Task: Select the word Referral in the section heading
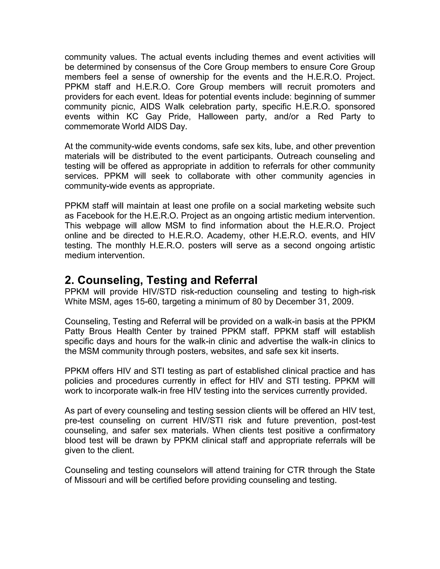coord(236,280)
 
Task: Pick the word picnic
coord(123,106)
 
